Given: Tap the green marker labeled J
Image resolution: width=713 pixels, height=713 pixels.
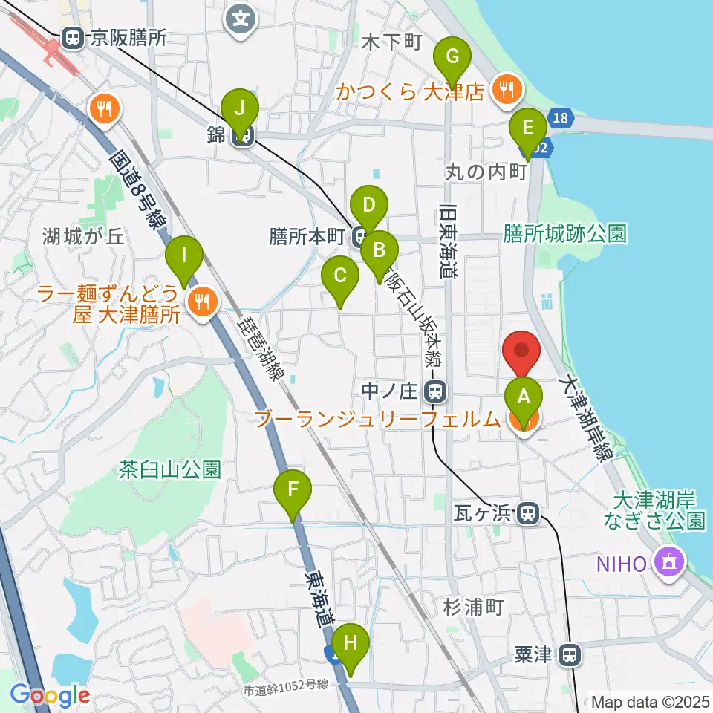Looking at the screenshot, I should (239, 108).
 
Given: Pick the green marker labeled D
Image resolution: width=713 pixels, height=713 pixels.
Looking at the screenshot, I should (369, 203).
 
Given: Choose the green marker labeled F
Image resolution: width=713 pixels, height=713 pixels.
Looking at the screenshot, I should (293, 490).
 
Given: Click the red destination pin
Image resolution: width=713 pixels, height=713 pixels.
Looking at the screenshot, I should (522, 350).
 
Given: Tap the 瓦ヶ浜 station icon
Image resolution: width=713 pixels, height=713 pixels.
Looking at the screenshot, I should (528, 512).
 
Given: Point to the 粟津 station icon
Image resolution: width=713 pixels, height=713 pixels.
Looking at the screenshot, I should (570, 655).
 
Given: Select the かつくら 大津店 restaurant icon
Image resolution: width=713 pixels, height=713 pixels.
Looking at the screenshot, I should (508, 91).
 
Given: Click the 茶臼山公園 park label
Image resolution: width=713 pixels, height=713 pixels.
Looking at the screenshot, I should (170, 469).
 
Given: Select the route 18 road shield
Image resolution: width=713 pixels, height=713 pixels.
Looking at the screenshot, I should (561, 117).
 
